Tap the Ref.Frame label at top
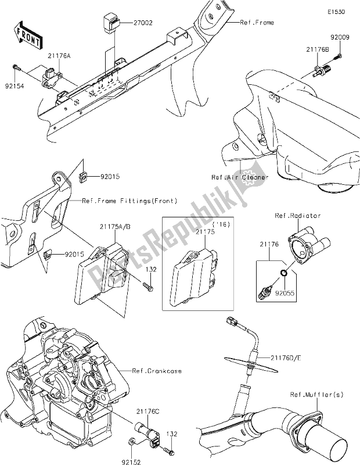click(257, 23)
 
